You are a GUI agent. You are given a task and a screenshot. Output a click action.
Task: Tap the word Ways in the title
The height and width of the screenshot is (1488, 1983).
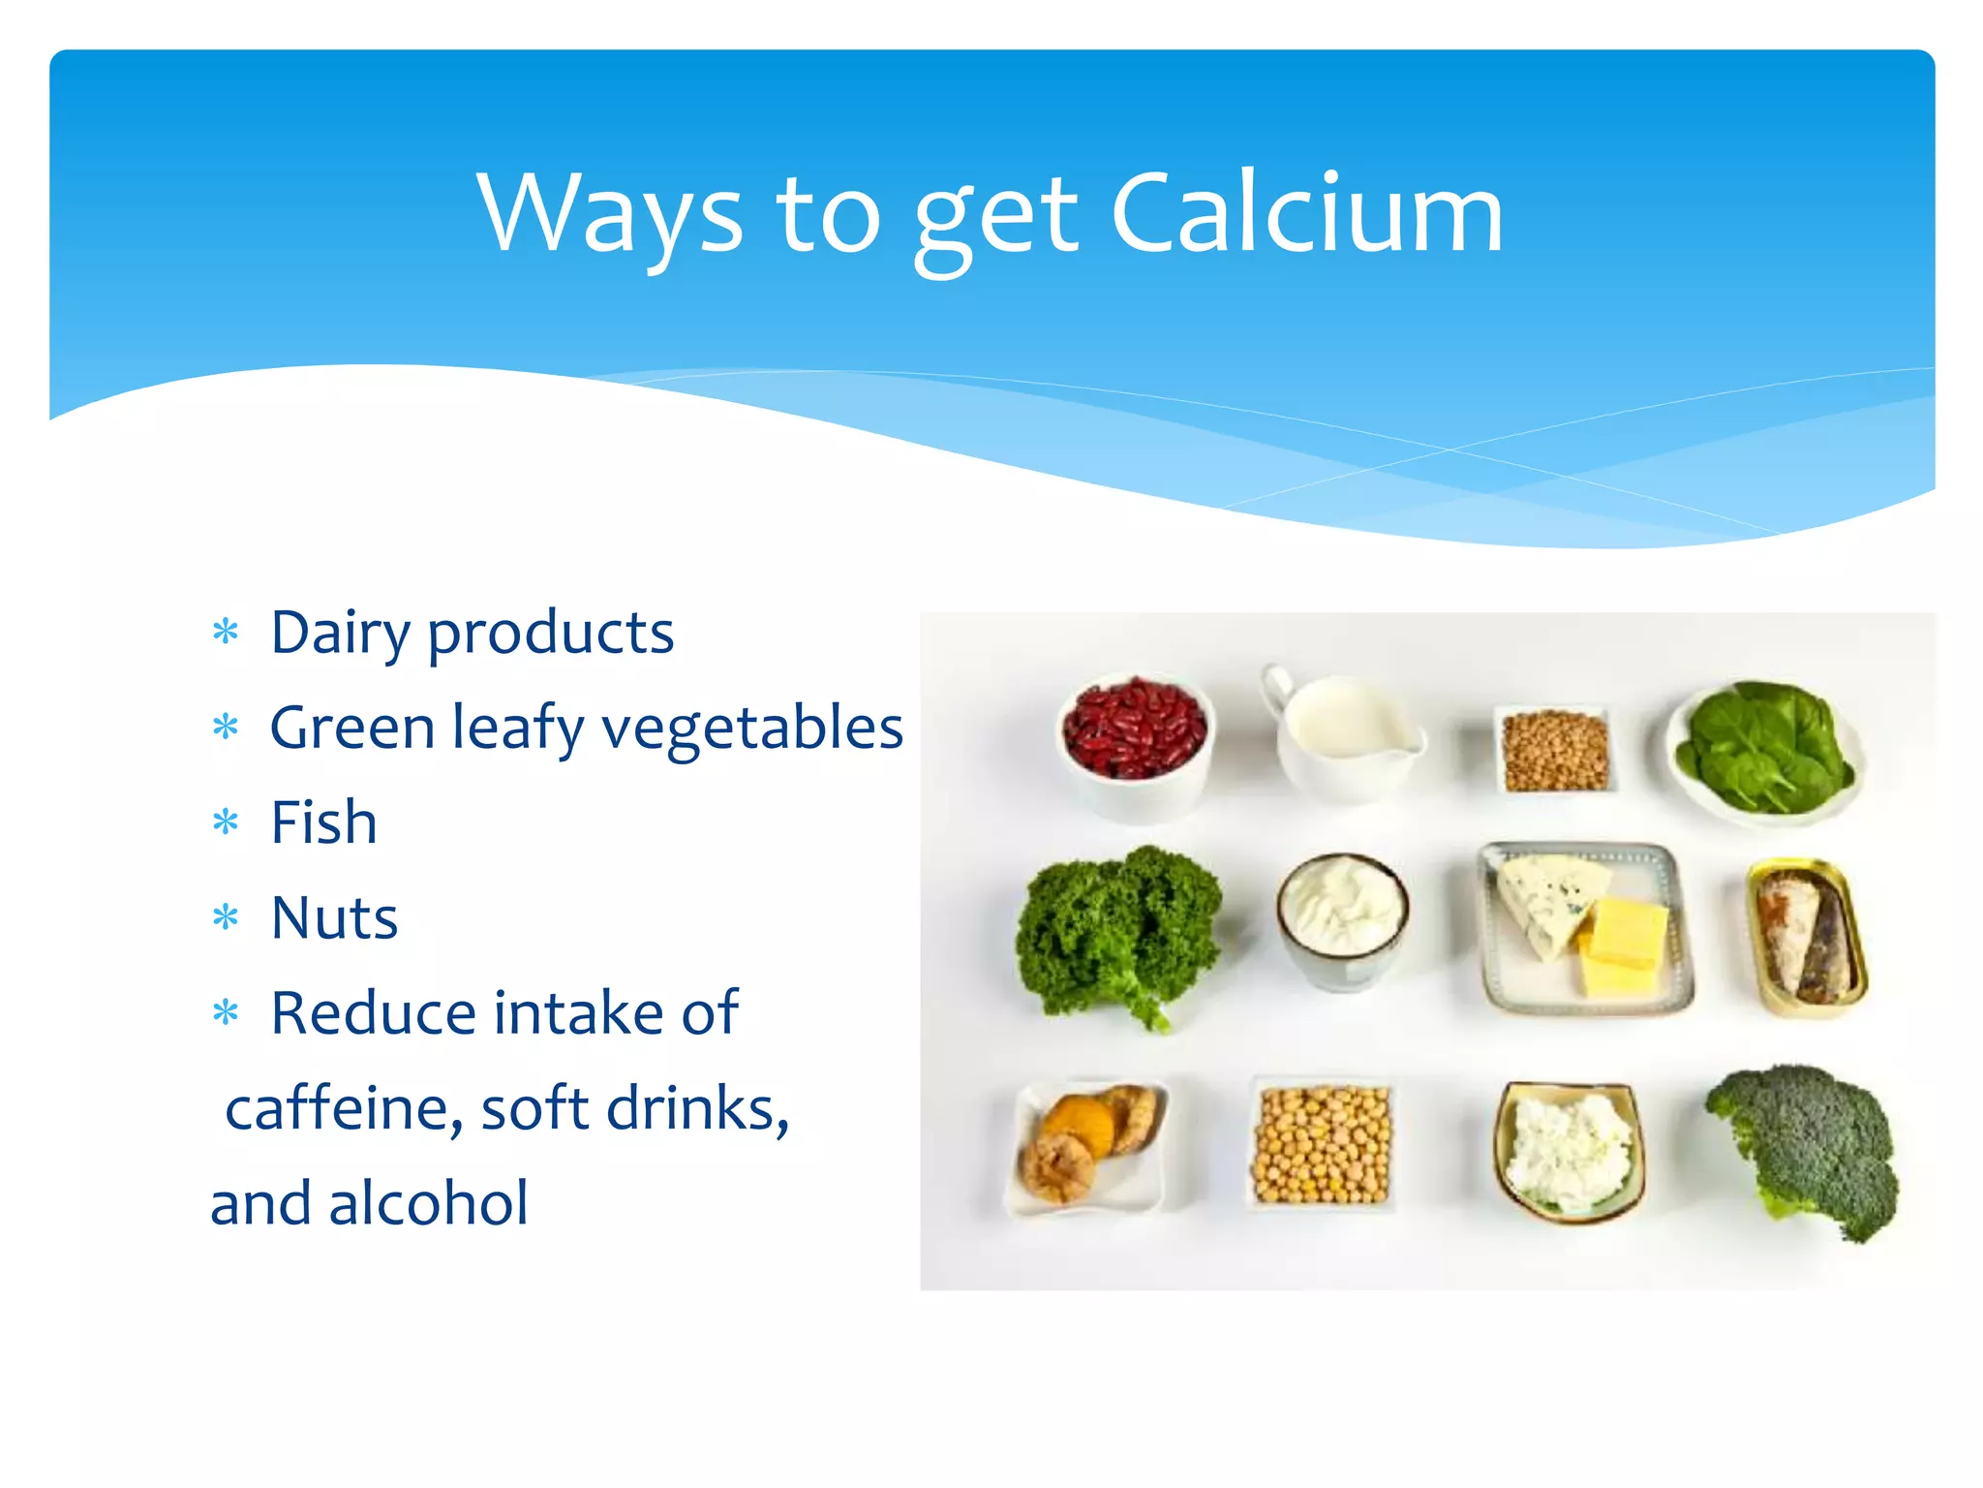coord(610,215)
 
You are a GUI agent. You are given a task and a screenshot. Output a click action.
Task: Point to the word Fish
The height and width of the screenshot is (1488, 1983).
coord(323,823)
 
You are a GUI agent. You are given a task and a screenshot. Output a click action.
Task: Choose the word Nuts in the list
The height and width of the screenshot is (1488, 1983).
coord(334,918)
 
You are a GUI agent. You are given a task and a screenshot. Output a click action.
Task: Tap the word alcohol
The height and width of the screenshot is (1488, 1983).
coord(429,1203)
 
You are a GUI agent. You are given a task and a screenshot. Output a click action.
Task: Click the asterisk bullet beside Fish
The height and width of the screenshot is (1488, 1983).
coord(226,823)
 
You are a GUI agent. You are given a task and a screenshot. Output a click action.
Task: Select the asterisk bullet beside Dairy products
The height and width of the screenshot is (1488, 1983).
coord(226,633)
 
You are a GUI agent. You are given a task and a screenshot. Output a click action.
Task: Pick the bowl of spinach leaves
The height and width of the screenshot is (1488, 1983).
coord(1765,749)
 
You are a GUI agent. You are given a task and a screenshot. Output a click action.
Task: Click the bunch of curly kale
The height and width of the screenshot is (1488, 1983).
coord(1119,930)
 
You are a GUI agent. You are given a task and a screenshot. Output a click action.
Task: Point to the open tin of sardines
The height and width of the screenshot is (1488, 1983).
coord(1806,936)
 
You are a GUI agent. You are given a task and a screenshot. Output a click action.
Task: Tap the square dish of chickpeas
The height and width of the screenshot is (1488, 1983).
coord(1322,1144)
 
